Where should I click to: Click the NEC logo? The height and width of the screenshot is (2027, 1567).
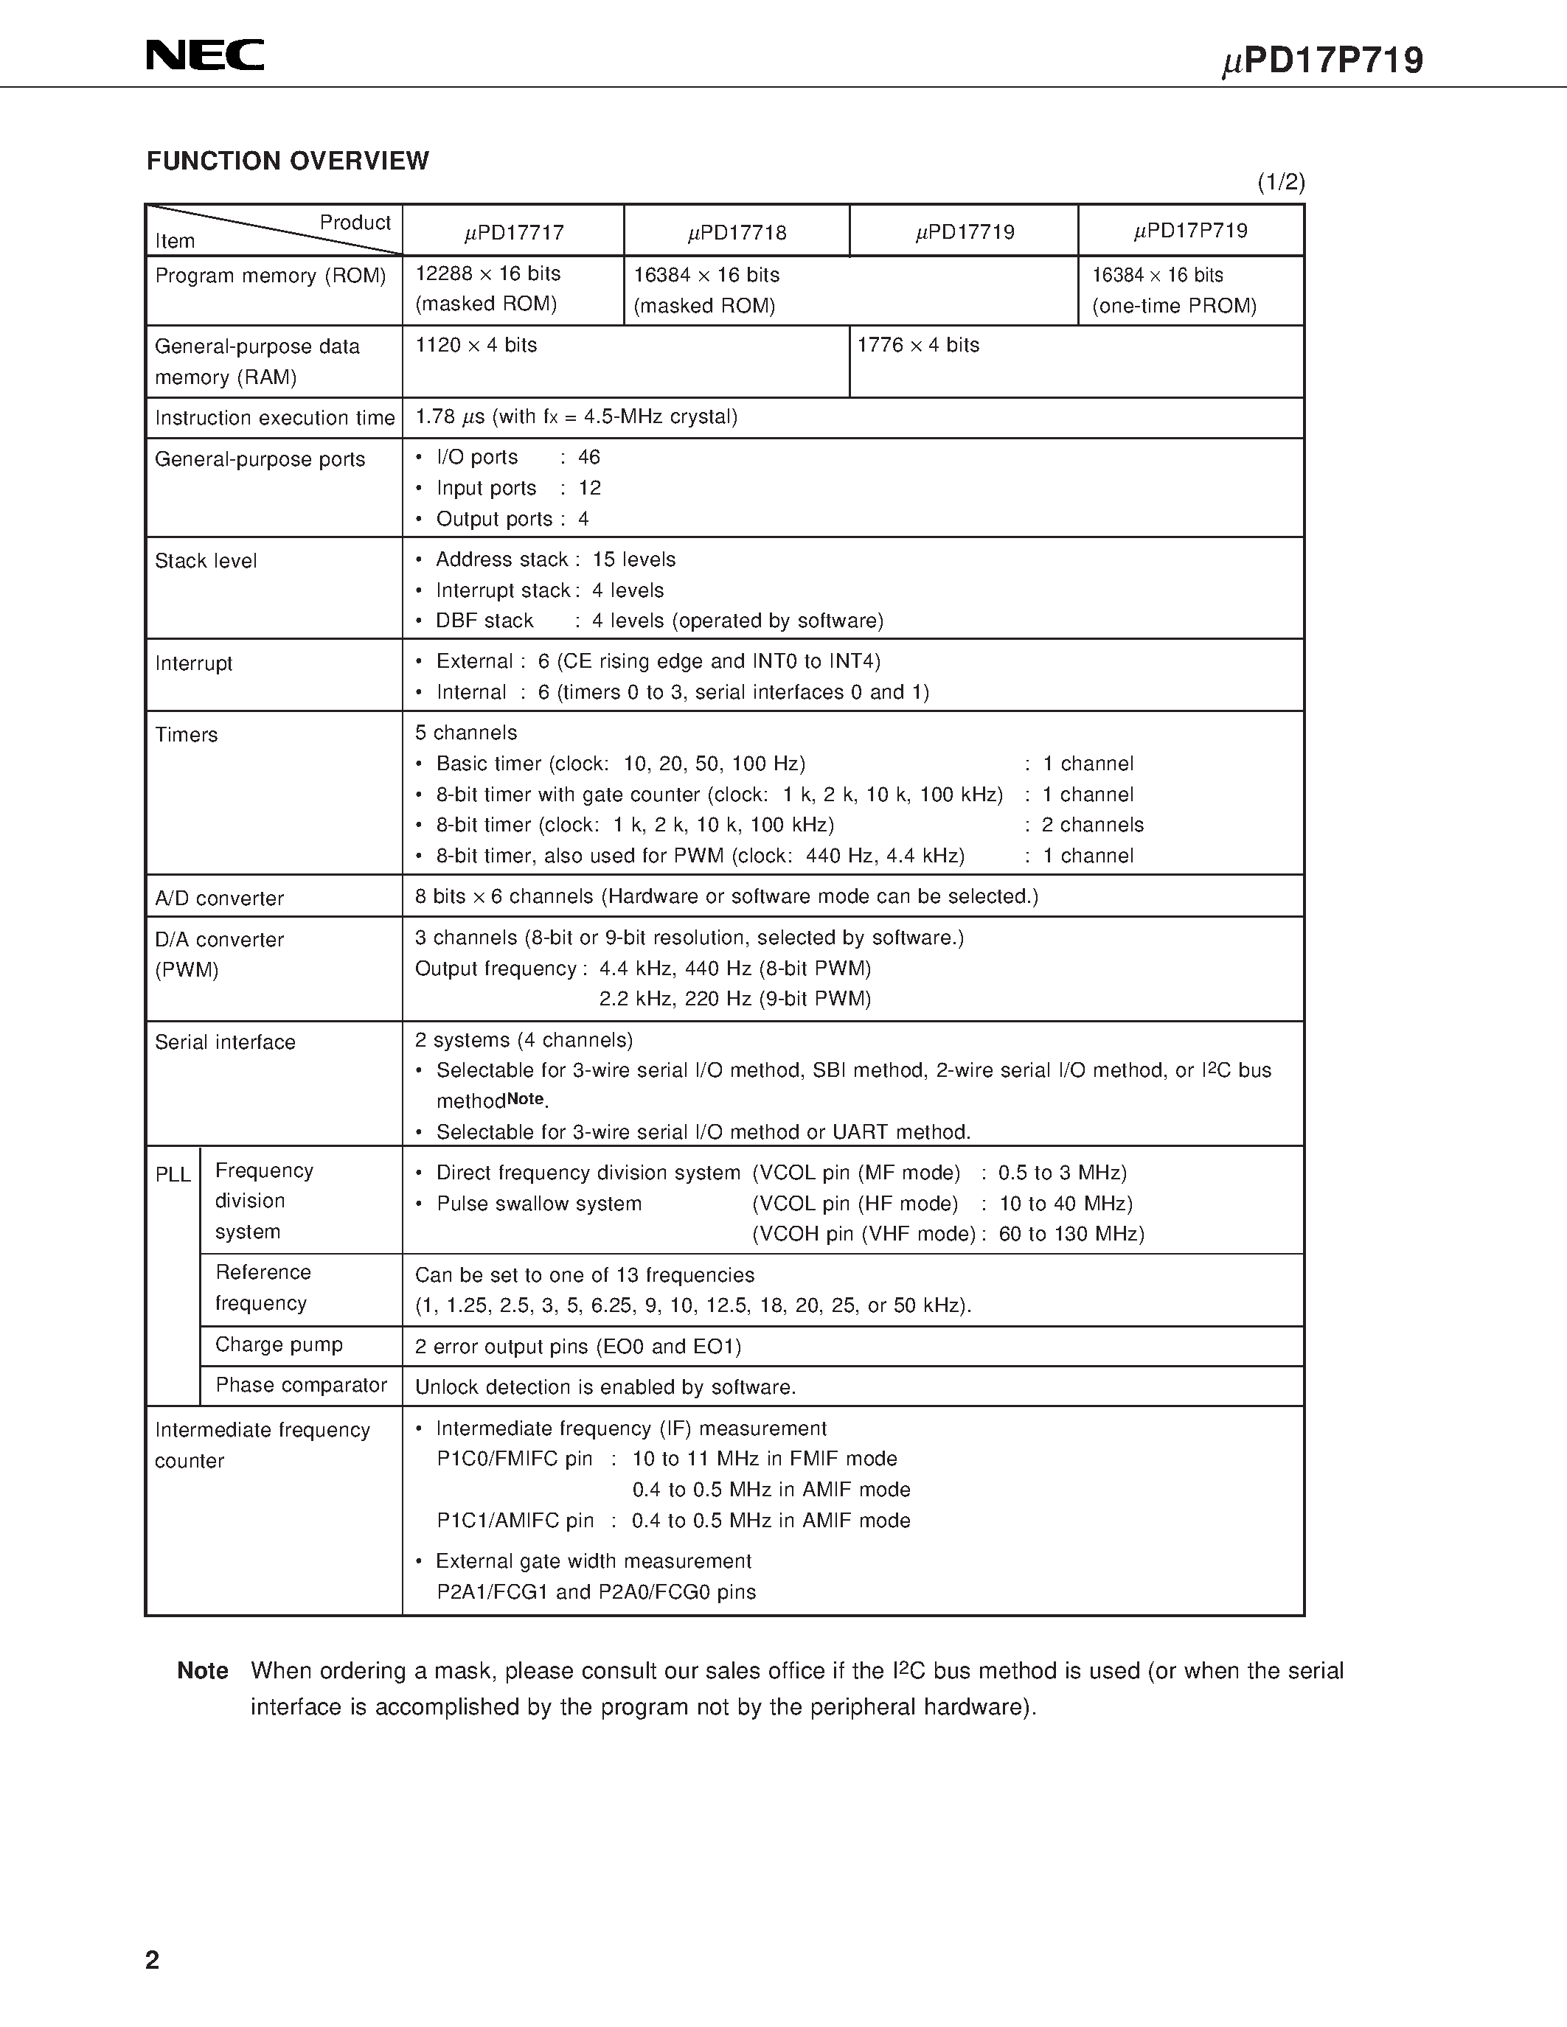(x=205, y=56)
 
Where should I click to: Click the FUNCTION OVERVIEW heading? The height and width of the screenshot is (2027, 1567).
(x=288, y=161)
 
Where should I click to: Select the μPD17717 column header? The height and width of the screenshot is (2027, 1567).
(x=513, y=232)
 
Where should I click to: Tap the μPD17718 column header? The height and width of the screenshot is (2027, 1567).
(x=736, y=232)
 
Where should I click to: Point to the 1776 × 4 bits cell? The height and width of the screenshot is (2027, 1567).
(x=918, y=345)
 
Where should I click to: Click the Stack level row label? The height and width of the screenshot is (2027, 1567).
(x=206, y=561)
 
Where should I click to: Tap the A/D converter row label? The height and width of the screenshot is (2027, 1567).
(x=219, y=899)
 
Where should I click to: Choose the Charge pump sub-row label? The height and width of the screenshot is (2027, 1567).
(x=279, y=1345)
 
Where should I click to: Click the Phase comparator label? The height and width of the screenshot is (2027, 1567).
(x=301, y=1386)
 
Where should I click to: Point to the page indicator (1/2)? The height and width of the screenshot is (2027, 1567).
(x=1281, y=183)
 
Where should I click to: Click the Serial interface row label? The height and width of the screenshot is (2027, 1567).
(x=225, y=1042)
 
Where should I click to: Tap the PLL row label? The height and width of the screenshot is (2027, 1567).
(x=173, y=1175)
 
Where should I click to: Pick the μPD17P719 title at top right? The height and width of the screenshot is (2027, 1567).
(x=1322, y=61)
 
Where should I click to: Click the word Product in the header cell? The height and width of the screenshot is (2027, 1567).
(x=355, y=223)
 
